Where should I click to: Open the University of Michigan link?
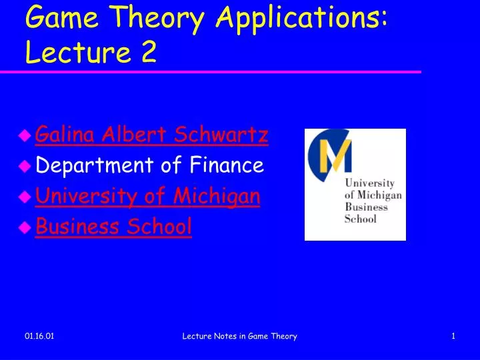click(x=147, y=196)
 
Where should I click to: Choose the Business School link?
click(x=113, y=227)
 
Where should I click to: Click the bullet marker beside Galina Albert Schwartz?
click(x=25, y=137)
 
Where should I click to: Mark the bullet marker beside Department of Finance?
click(x=25, y=167)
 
